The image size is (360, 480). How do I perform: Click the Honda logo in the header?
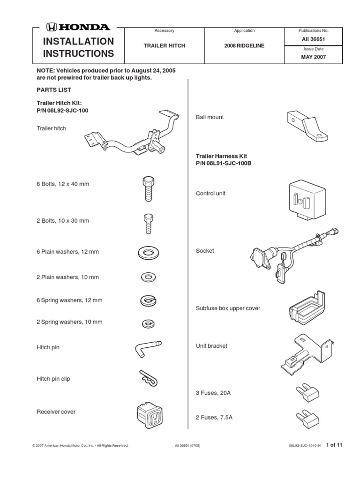[78, 27]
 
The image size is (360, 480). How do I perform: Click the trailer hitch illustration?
[129, 136]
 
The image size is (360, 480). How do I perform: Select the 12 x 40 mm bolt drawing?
[147, 187]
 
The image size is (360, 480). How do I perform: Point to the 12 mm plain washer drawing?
[148, 252]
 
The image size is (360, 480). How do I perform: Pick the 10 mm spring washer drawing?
[147, 323]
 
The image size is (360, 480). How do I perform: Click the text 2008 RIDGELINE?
[244, 45]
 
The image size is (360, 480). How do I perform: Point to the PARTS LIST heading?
[54, 90]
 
